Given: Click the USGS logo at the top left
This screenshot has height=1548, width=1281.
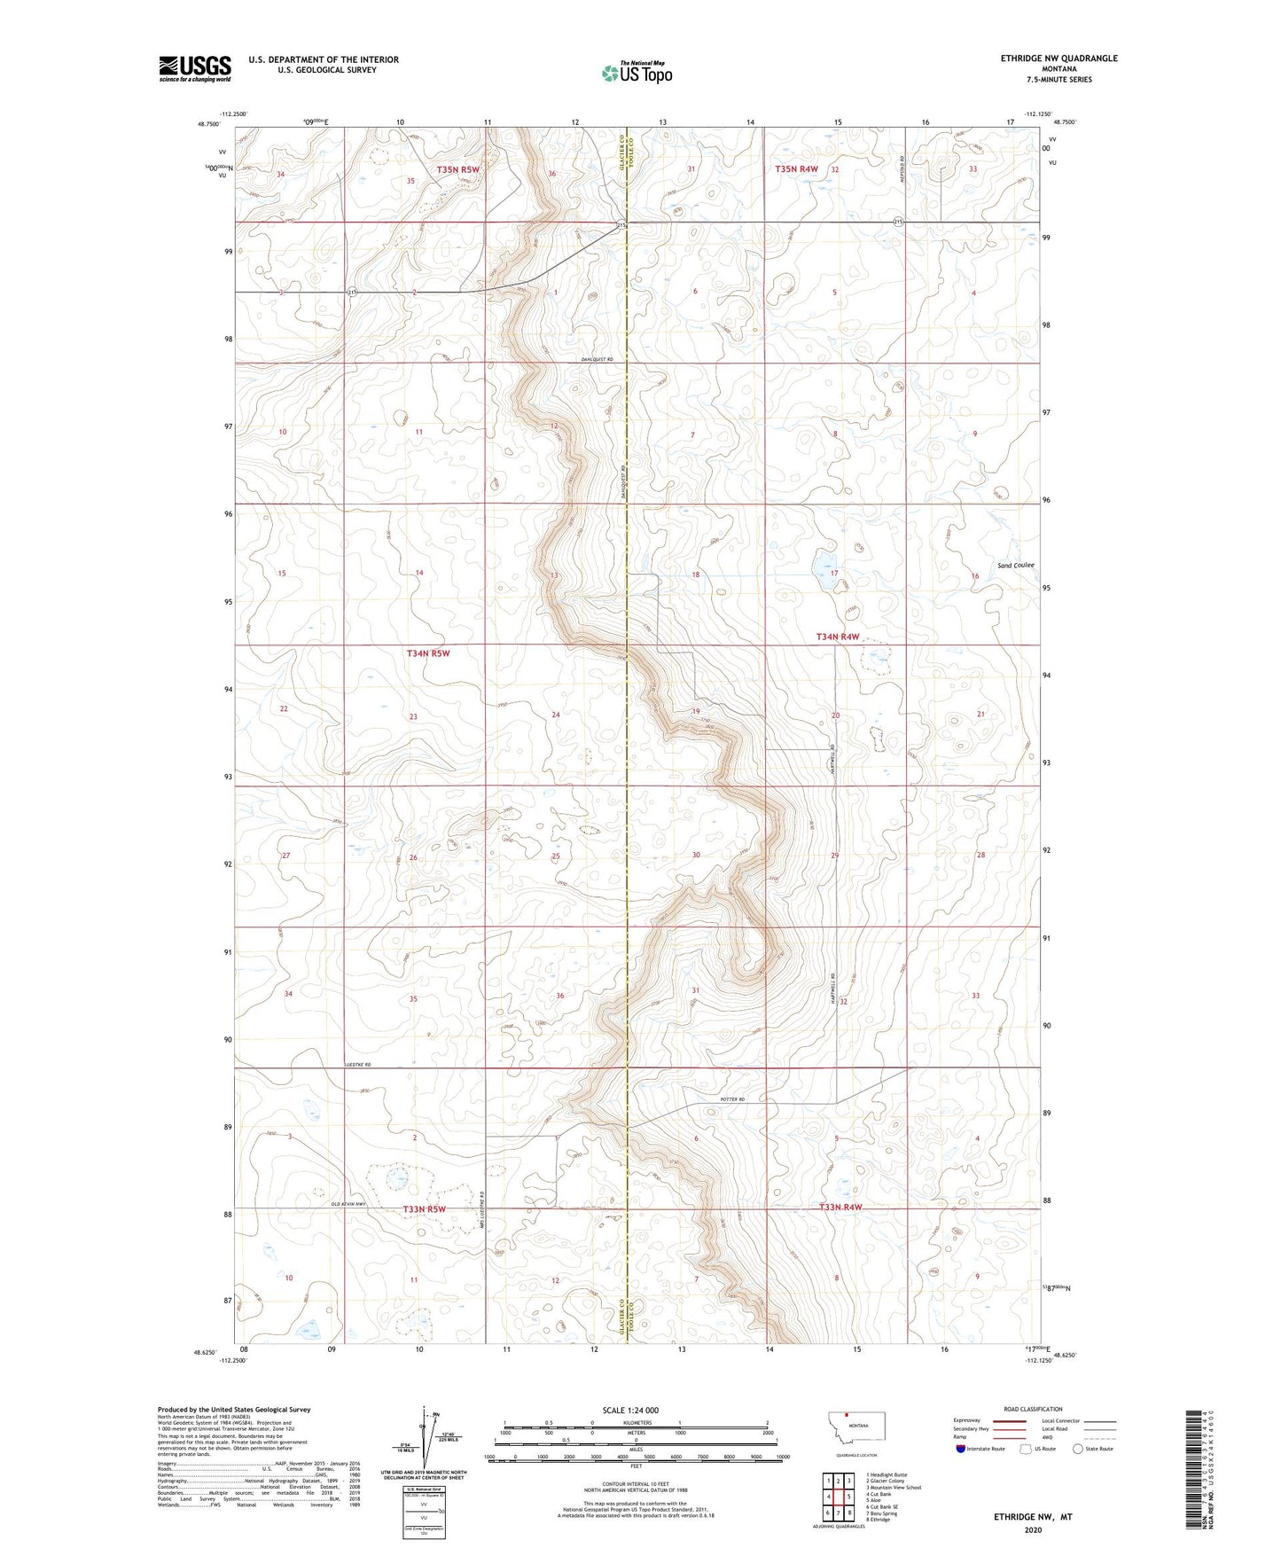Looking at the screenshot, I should pyautogui.click(x=194, y=67).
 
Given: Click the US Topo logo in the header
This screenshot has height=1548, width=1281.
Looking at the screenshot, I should pyautogui.click(x=636, y=73).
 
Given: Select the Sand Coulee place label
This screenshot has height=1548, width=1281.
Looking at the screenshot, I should pyautogui.click(x=1015, y=565).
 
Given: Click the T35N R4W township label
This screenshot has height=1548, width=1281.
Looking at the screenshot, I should pyautogui.click(x=796, y=168).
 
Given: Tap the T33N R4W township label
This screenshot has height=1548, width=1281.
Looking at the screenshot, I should pyautogui.click(x=840, y=1208).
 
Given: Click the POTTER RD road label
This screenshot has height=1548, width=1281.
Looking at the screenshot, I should pyautogui.click(x=728, y=1099).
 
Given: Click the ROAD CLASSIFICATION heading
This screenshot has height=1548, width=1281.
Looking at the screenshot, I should pyautogui.click(x=1033, y=1409).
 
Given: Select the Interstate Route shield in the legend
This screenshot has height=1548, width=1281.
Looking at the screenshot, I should pyautogui.click(x=963, y=1449).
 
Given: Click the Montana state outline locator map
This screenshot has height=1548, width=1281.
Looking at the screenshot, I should pyautogui.click(x=855, y=1427).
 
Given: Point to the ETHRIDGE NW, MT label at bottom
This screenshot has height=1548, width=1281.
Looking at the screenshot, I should pyautogui.click(x=1033, y=1516).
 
